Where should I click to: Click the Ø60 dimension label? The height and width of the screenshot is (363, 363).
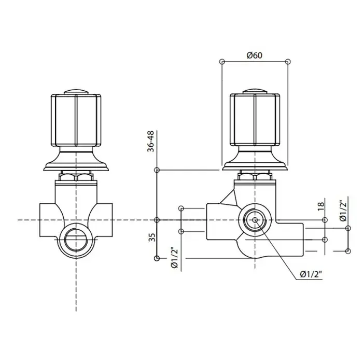255,55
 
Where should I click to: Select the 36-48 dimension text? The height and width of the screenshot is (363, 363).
150,141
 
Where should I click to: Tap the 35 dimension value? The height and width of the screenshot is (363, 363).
152,238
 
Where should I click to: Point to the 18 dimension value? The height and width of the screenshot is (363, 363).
320,206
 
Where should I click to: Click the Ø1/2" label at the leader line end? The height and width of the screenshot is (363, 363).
311,274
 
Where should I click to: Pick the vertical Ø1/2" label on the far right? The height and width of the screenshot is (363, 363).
344,208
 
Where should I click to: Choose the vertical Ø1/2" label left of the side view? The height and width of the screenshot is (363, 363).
175,258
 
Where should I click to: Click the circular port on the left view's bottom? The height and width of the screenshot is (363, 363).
76,240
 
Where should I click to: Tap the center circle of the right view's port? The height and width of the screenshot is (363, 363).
255,220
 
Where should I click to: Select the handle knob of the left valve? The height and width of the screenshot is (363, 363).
76,120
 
